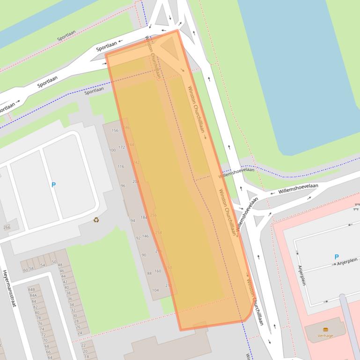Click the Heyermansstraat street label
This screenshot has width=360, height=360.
click(9, 288)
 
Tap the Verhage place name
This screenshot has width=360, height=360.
click(325, 336)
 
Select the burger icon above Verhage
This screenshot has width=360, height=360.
click(325, 330)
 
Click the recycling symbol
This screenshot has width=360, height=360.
click(96, 220)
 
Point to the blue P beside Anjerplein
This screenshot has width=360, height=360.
click(336, 257)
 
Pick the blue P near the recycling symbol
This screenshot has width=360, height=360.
click(53, 185)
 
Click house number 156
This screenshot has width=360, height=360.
click(115, 130)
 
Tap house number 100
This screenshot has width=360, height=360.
click(112, 150)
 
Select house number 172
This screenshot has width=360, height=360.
click(122, 147)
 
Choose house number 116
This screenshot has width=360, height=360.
click(121, 166)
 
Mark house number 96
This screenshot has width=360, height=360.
click(123, 186)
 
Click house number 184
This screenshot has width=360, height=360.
click(144, 217)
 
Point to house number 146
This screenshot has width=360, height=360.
click(146, 236)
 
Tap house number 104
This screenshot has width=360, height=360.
click(155, 290)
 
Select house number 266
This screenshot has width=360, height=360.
click(7, 228)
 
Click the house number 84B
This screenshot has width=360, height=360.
click(32, 289)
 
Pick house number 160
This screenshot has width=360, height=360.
click(157, 271)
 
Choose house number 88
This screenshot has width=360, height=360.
click(149, 274)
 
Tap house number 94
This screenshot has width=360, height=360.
click(132, 220)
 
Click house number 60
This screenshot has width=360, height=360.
click(25, 270)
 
